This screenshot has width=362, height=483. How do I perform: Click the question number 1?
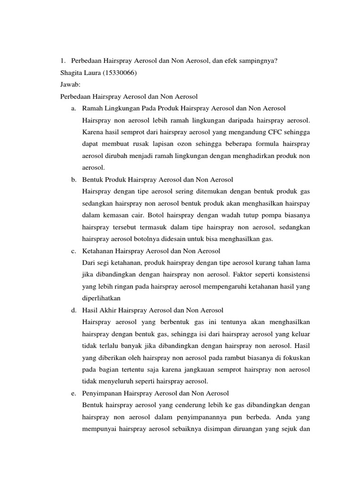[62, 60]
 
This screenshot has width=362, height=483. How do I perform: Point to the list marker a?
[74, 108]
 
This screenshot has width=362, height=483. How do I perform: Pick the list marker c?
[74, 250]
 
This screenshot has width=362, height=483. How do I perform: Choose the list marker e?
[74, 393]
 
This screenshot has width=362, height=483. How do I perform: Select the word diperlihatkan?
[102, 298]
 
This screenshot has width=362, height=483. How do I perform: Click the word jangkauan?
[178, 369]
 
